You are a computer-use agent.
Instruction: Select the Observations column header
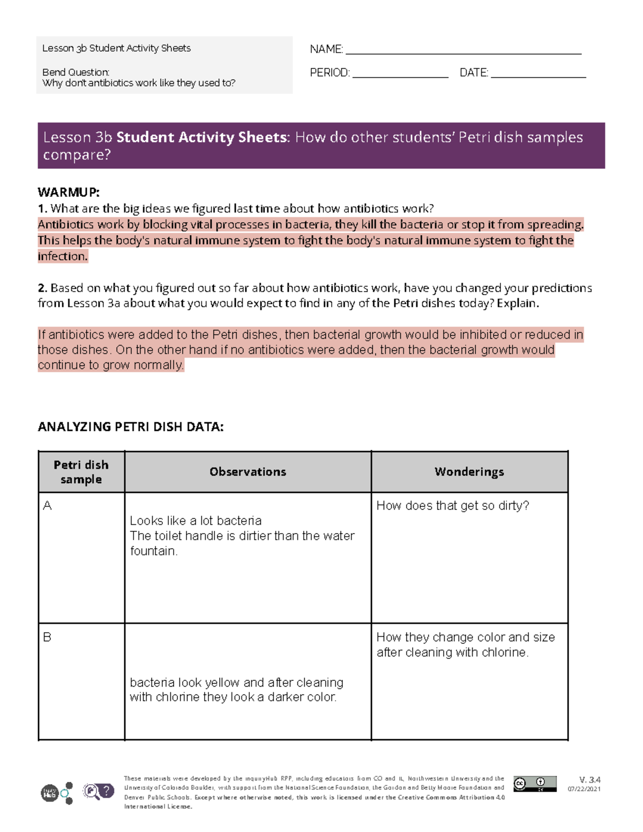(x=248, y=471)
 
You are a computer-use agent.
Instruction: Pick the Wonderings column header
(x=469, y=471)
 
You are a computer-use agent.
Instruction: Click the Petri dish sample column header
(x=81, y=471)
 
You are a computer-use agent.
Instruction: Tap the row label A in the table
(x=47, y=505)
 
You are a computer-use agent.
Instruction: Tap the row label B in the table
(x=47, y=637)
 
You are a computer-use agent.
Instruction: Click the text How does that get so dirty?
(x=453, y=505)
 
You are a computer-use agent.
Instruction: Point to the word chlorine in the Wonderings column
(x=503, y=652)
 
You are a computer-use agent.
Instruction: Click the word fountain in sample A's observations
(x=153, y=551)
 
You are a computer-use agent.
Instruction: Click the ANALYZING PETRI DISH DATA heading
(x=130, y=426)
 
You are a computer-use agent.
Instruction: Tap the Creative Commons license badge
(x=534, y=784)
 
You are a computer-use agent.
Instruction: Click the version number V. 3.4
(x=589, y=779)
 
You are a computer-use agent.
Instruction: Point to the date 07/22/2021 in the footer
(x=584, y=789)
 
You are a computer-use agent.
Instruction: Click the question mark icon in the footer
(x=107, y=790)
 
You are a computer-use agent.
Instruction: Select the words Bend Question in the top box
(x=76, y=72)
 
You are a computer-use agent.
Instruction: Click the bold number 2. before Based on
(x=42, y=288)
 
